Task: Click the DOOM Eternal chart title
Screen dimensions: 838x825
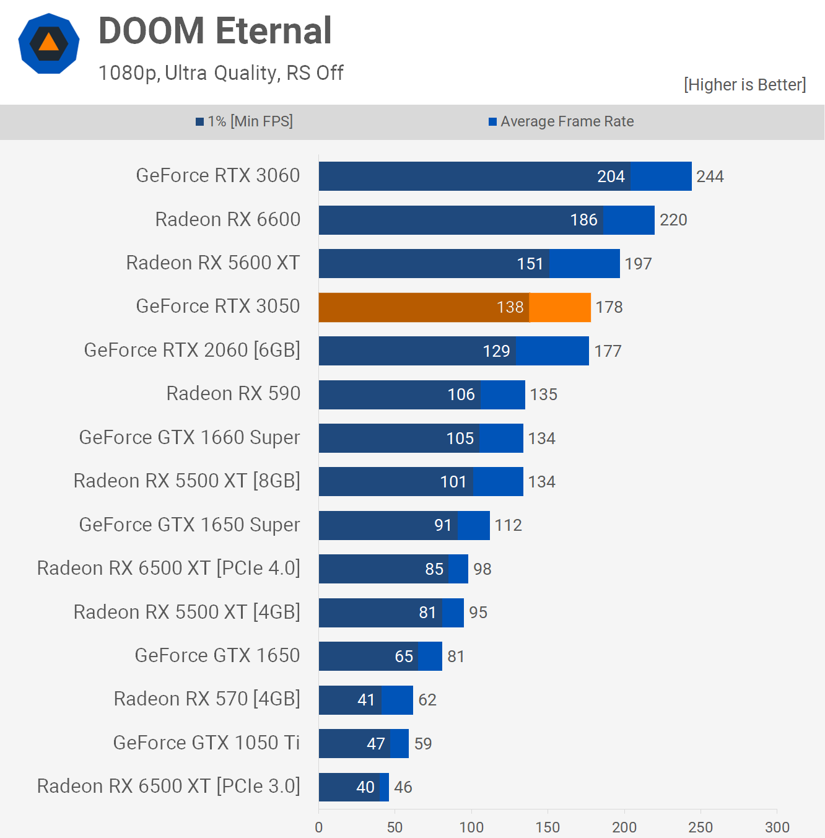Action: click(215, 31)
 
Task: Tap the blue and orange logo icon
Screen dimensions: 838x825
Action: click(49, 43)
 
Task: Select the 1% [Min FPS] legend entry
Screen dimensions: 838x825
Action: click(244, 121)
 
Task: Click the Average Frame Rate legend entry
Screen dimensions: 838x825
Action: click(561, 121)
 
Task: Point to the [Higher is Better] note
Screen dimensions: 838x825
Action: click(744, 85)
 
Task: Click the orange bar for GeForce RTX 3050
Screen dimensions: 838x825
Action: click(455, 307)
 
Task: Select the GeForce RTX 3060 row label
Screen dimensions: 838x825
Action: click(218, 176)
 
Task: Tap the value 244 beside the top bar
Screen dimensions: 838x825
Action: click(710, 177)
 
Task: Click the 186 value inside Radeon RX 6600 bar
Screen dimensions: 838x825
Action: click(583, 220)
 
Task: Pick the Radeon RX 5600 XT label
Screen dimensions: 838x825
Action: click(213, 263)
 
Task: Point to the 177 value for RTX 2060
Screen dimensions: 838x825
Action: click(608, 351)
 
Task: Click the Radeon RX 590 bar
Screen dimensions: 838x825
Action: click(422, 395)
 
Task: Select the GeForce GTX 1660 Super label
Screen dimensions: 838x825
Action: click(190, 438)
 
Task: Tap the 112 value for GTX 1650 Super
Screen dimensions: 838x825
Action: click(509, 525)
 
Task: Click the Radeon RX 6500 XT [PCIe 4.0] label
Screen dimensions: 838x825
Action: click(168, 569)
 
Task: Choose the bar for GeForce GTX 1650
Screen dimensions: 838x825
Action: click(380, 656)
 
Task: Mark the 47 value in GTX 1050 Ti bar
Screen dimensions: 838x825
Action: click(376, 743)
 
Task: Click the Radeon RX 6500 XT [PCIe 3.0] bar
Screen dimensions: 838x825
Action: click(354, 787)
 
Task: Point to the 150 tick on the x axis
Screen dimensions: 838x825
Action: click(548, 827)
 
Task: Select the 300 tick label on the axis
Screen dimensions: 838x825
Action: click(777, 827)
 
